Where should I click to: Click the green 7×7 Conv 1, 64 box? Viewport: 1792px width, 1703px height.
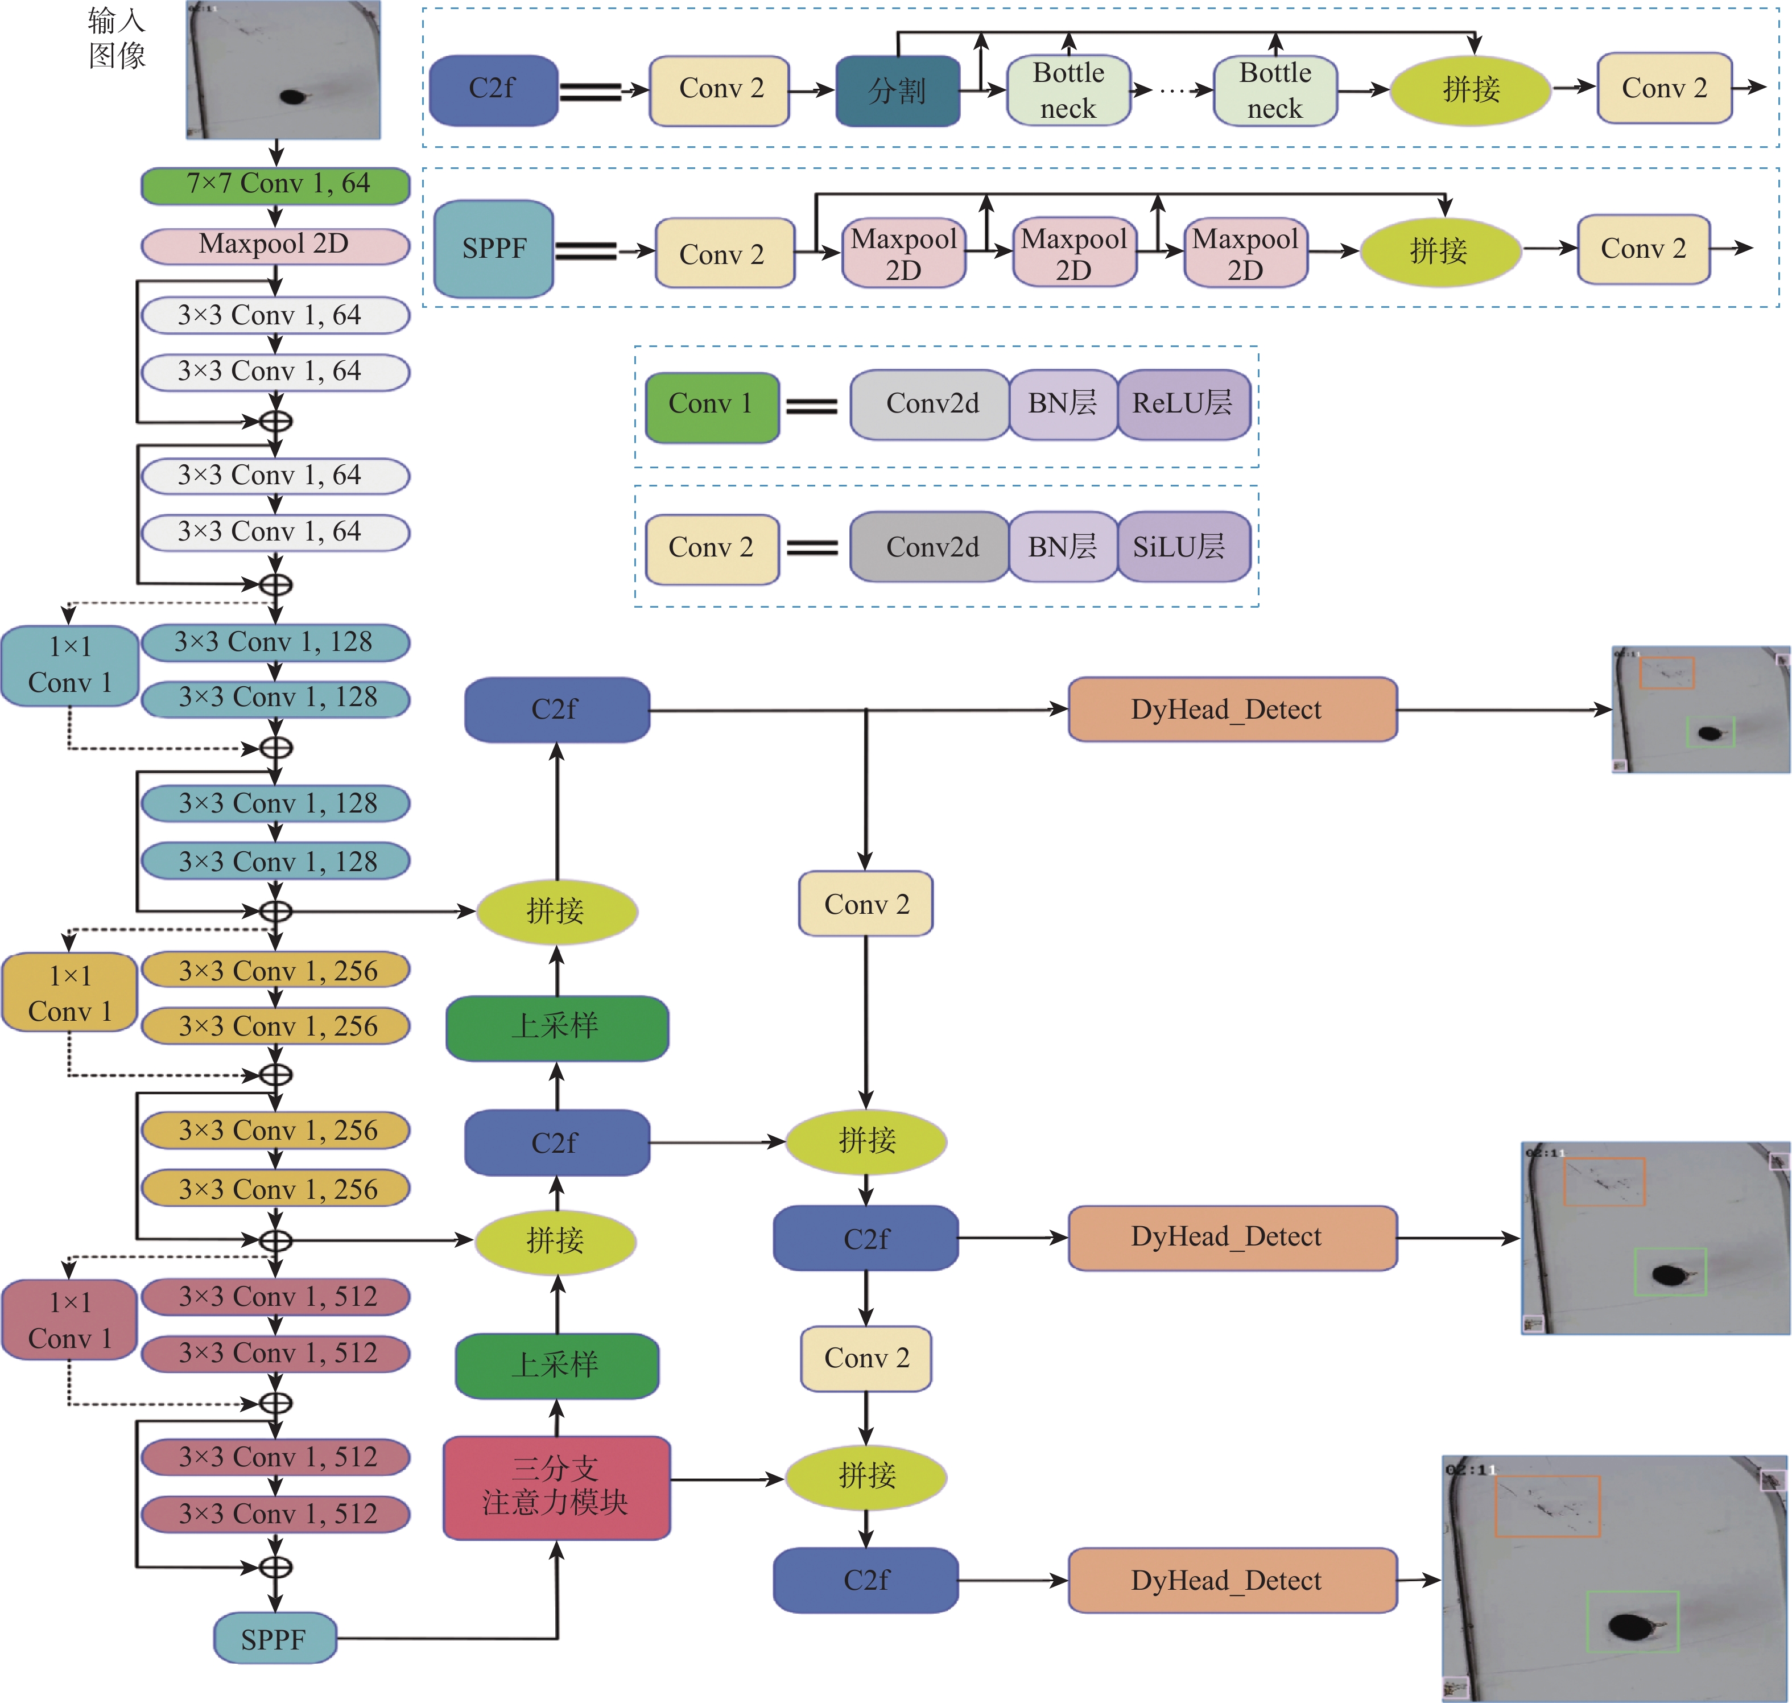tap(275, 185)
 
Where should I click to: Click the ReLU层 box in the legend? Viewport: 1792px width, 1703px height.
tap(1183, 404)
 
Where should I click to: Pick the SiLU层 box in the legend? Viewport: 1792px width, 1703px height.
tap(1183, 546)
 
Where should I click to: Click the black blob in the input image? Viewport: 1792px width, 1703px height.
tap(292, 96)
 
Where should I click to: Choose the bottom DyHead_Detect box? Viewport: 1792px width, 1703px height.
tap(1232, 1581)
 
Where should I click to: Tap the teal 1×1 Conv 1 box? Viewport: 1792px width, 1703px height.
tap(70, 665)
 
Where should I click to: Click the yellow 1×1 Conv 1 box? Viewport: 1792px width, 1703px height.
tap(70, 993)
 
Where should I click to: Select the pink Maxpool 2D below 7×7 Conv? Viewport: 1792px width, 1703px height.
tap(275, 245)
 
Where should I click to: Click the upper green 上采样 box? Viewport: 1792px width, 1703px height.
tap(556, 1026)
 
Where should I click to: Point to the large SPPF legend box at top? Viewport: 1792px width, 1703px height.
tap(494, 249)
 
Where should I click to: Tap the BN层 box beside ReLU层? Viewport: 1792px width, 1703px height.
tap(1062, 404)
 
